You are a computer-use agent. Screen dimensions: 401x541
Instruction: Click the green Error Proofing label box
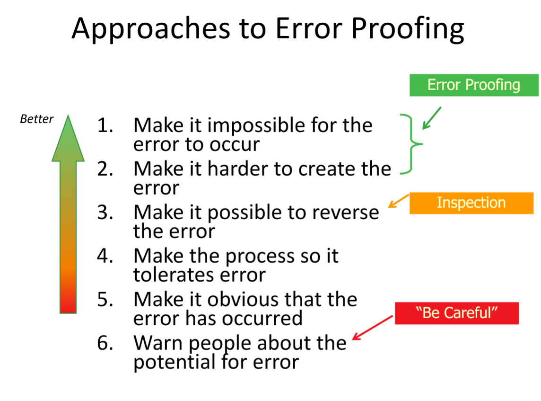474,85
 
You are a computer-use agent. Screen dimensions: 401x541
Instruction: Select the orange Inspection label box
471,203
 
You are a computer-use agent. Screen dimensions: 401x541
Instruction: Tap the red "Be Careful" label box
456,313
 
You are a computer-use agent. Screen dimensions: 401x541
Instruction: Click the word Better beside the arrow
37,119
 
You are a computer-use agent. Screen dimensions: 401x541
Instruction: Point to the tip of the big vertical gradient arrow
68,116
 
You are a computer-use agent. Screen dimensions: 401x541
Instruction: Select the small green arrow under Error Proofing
432,118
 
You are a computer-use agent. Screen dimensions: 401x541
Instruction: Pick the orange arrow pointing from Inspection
399,201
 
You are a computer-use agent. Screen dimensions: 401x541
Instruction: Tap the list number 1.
105,125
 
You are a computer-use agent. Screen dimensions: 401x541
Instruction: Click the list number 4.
105,256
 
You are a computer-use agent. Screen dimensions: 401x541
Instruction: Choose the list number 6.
105,343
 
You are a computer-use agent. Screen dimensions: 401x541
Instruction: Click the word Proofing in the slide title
408,29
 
